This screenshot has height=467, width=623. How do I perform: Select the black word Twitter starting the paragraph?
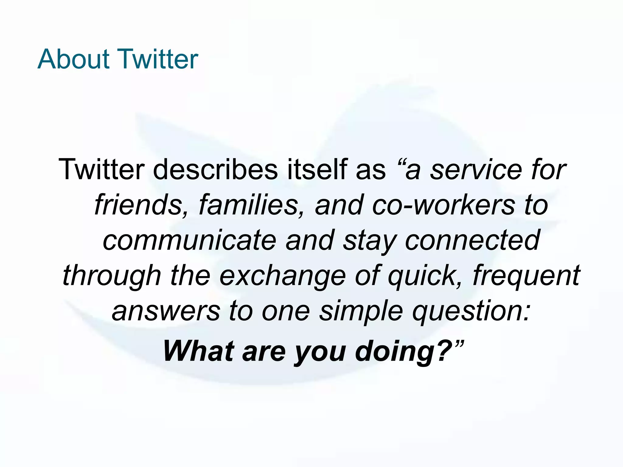[x=102, y=169]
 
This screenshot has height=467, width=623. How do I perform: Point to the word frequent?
[x=526, y=275]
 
